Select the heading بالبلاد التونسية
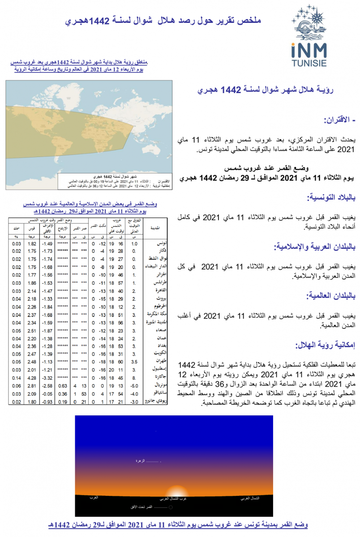click(x=330, y=197)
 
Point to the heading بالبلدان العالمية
click(x=329, y=296)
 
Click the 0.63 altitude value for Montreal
click(x=63, y=385)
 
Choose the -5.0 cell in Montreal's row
click(x=133, y=385)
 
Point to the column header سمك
click(x=17, y=228)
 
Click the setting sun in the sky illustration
click(x=173, y=491)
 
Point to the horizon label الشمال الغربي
click(x=249, y=498)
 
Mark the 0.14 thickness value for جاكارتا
click(x=17, y=378)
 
